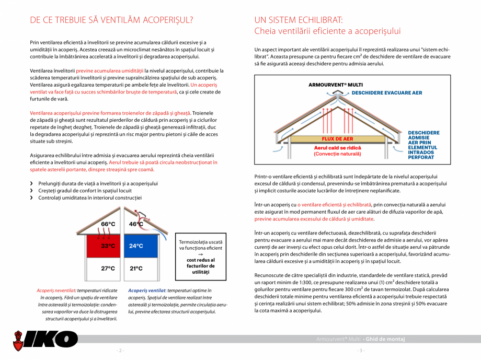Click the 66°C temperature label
pyautogui.click(x=108, y=224)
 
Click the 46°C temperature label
pyautogui.click(x=136, y=224)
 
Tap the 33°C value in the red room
pyautogui.click(x=108, y=246)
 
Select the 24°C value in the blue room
pyautogui.click(x=136, y=246)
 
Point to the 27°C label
pyautogui.click(x=108, y=268)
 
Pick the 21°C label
pyautogui.click(x=136, y=268)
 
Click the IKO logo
pyautogui.click(x=45, y=339)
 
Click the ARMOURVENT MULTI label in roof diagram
pyautogui.click(x=336, y=84)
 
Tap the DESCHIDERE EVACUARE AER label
pyautogui.click(x=386, y=92)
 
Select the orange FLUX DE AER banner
pyautogui.click(x=338, y=139)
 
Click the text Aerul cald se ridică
pyautogui.click(x=338, y=148)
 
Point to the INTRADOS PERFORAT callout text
pyautogui.click(x=421, y=154)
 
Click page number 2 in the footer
pyautogui.click(x=120, y=350)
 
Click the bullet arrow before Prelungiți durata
pyautogui.click(x=32, y=183)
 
